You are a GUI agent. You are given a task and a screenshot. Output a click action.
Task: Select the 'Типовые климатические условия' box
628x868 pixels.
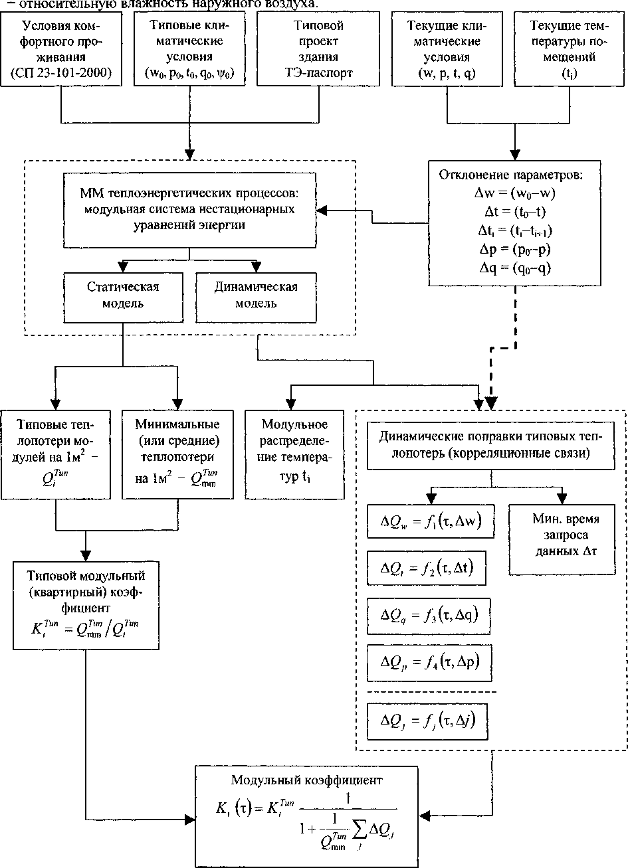[189, 50]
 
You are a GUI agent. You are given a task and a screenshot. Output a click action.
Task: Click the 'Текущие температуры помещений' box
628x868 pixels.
[570, 50]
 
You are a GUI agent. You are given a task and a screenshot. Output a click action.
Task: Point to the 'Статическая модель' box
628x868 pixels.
[123, 296]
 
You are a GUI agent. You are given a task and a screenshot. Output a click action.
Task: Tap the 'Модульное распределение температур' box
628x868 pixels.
[295, 454]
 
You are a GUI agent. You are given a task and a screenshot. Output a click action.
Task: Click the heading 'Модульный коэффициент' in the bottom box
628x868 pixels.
[307, 780]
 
